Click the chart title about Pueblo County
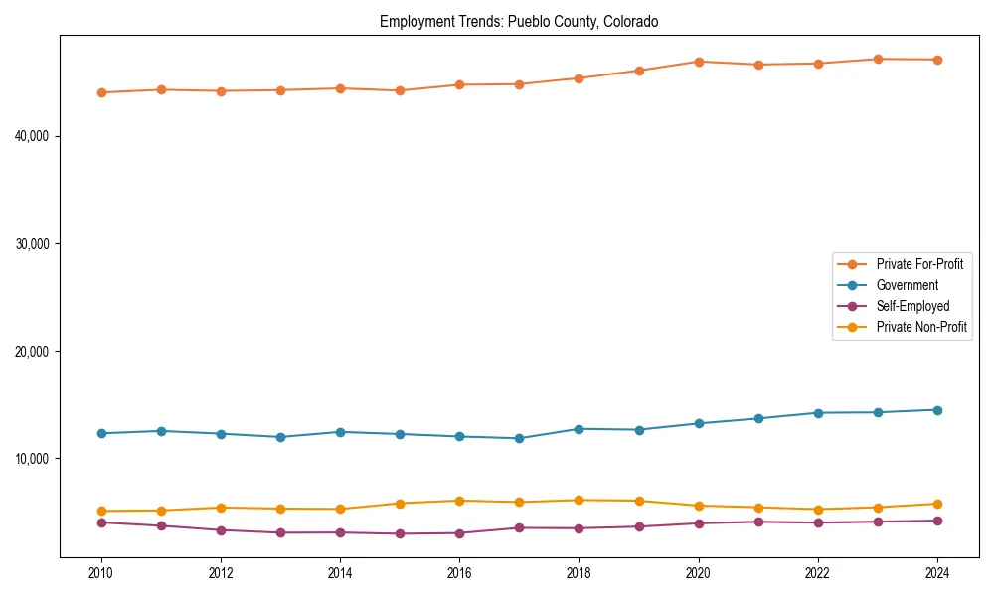(519, 22)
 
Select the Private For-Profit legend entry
(919, 264)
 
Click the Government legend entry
(907, 285)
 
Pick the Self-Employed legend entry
(912, 306)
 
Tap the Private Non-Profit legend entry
(921, 327)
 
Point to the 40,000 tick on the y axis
(34, 136)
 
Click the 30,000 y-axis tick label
(34, 243)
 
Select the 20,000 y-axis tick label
(34, 352)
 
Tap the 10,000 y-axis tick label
(34, 459)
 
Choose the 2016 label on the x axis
(459, 573)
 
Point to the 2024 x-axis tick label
(937, 573)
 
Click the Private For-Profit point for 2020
(699, 62)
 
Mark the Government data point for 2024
(937, 410)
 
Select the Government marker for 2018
(580, 429)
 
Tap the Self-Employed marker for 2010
(101, 522)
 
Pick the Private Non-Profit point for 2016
(459, 501)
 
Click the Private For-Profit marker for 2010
(101, 92)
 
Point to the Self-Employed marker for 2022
(818, 522)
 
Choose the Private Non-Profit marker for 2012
(221, 508)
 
